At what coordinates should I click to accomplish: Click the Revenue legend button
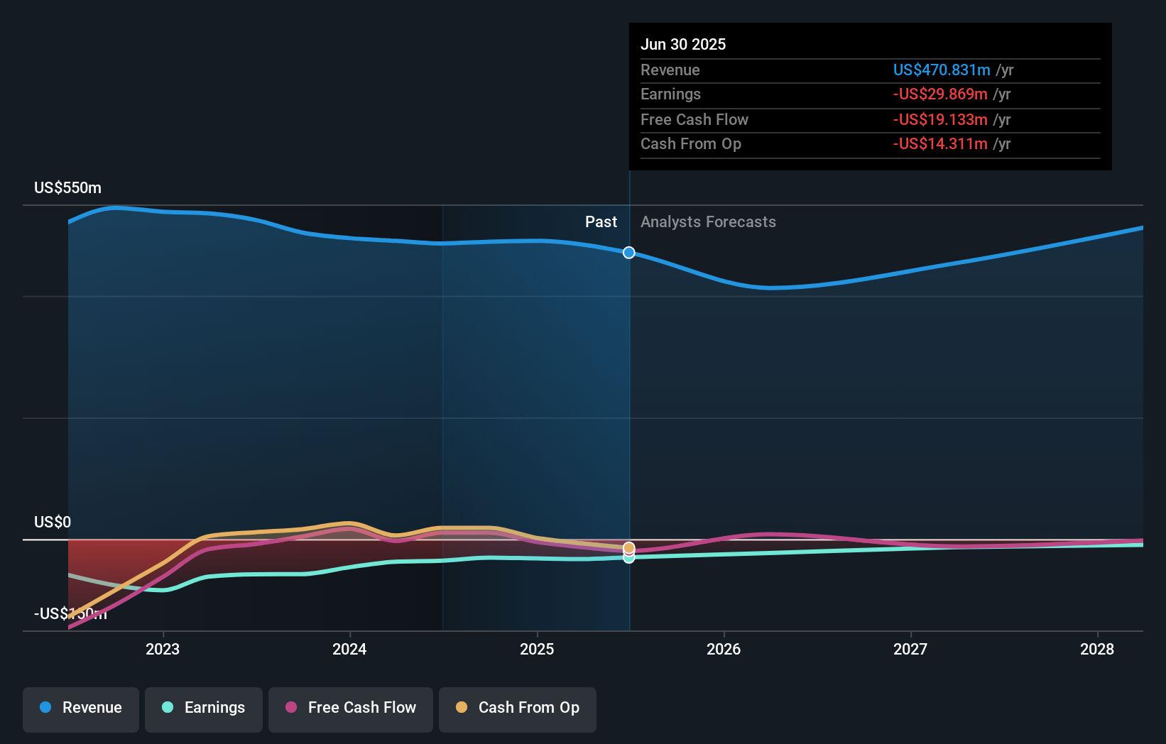tap(81, 708)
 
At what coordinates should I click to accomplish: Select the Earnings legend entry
tap(204, 708)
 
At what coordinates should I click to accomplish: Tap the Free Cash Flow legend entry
tap(351, 708)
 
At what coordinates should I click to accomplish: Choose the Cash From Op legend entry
tap(518, 708)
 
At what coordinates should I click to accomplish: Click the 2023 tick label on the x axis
tap(163, 649)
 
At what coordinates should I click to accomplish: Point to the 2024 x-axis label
tap(349, 649)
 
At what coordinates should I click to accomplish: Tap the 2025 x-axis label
tap(537, 649)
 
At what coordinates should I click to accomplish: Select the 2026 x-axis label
tap(724, 649)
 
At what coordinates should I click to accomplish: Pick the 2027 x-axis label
tap(910, 649)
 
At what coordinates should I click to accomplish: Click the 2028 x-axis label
tap(1097, 649)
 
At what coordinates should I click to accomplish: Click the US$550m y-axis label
tap(67, 188)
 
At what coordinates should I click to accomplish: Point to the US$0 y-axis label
tap(53, 523)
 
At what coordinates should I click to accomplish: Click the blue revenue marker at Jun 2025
tap(629, 253)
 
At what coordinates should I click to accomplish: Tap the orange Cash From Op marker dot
tap(629, 547)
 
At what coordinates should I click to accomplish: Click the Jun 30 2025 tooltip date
tap(683, 44)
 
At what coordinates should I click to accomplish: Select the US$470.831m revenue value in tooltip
tap(942, 70)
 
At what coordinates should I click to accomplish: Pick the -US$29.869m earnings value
tap(940, 94)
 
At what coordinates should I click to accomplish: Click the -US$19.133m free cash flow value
tap(940, 119)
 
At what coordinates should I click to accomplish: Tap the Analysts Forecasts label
tap(708, 222)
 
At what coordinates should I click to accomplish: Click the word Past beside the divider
tap(601, 222)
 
